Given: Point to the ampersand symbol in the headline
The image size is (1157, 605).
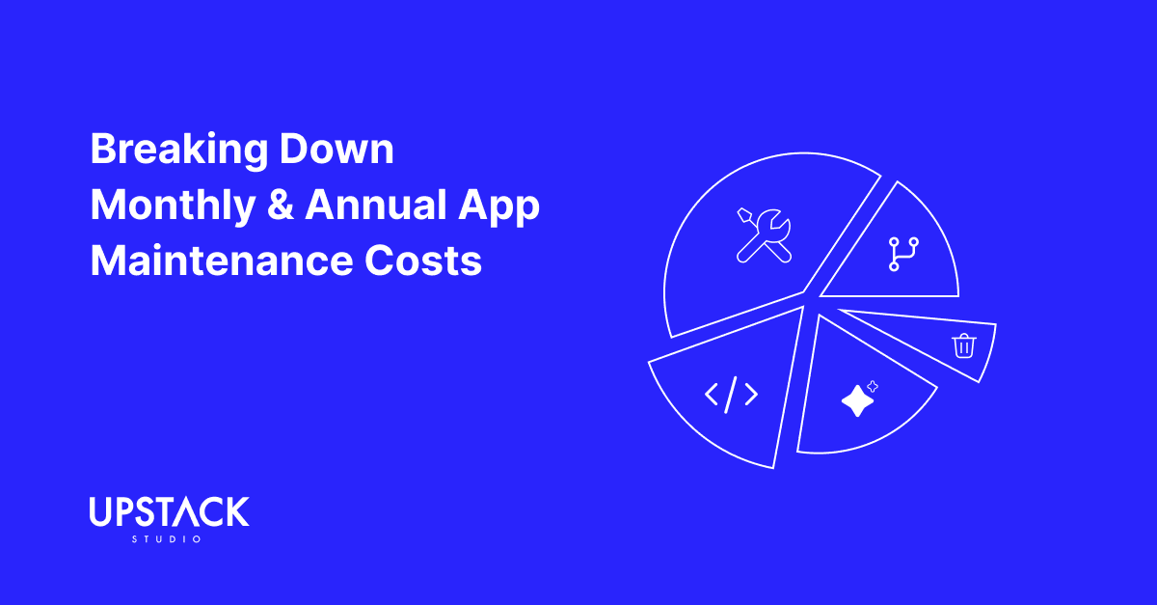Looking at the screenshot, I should tap(281, 207).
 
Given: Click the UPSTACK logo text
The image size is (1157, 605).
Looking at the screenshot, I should tap(169, 512).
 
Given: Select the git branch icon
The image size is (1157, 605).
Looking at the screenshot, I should tap(902, 253).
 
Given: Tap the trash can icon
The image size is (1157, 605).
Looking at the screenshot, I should tap(962, 344).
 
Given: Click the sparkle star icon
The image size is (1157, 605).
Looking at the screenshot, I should tap(858, 399).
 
